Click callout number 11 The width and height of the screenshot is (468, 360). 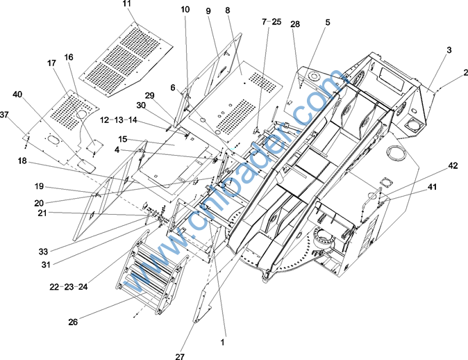coord(126,4)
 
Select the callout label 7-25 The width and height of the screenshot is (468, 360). coord(271,22)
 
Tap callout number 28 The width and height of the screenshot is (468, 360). coord(296,24)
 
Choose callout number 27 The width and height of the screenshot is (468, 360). coord(181,357)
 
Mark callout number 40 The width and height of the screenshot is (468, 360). coord(17,95)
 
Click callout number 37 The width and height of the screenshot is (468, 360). coord(5,114)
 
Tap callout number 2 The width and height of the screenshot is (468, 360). coord(466,72)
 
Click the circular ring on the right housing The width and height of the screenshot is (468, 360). coord(399,152)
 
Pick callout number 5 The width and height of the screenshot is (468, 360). coord(327,22)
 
